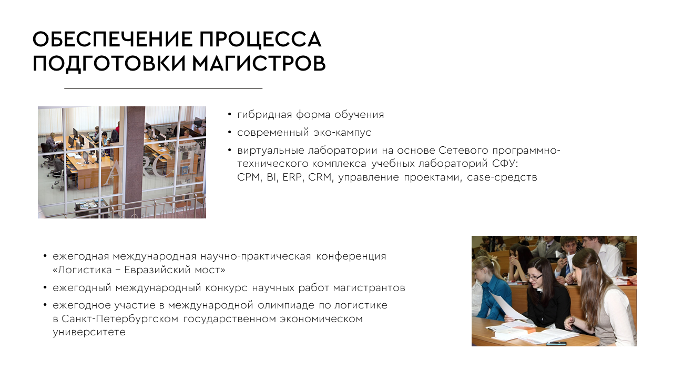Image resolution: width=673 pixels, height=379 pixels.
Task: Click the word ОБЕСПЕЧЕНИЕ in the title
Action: point(113,39)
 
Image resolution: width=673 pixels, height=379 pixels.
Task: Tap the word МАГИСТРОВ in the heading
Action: point(259,63)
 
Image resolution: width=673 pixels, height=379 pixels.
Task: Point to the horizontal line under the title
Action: point(163,89)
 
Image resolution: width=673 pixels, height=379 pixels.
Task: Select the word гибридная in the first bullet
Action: point(264,115)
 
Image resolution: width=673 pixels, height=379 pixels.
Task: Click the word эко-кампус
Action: point(342,133)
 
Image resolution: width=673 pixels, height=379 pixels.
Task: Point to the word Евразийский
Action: point(157,270)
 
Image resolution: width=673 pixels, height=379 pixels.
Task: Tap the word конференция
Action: point(351,256)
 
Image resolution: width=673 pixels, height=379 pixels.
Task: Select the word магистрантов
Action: point(369,288)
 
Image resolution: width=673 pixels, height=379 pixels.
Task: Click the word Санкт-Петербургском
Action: point(120,319)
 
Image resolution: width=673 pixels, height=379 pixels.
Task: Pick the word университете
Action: point(89,332)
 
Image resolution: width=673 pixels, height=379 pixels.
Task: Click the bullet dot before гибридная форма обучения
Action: point(230,115)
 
